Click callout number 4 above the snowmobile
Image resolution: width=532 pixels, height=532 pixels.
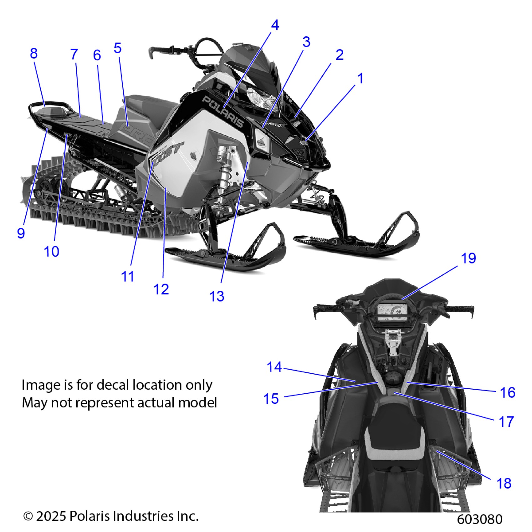(275, 25)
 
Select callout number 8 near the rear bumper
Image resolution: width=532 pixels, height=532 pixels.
(34, 54)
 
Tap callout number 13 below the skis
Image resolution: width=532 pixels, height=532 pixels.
(217, 296)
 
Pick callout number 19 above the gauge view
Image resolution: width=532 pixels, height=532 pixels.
(468, 258)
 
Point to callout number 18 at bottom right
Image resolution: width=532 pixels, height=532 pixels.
(504, 483)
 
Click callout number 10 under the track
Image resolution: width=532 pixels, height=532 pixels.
(52, 251)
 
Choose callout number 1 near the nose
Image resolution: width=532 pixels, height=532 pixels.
(361, 78)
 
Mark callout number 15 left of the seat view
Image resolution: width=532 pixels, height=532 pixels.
(271, 399)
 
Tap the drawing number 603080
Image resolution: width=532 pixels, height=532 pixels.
(479, 519)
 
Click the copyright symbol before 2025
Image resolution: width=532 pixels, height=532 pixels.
(28, 516)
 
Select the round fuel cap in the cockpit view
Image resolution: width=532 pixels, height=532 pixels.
(392, 378)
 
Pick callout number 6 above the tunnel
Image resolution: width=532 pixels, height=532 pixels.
(97, 55)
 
